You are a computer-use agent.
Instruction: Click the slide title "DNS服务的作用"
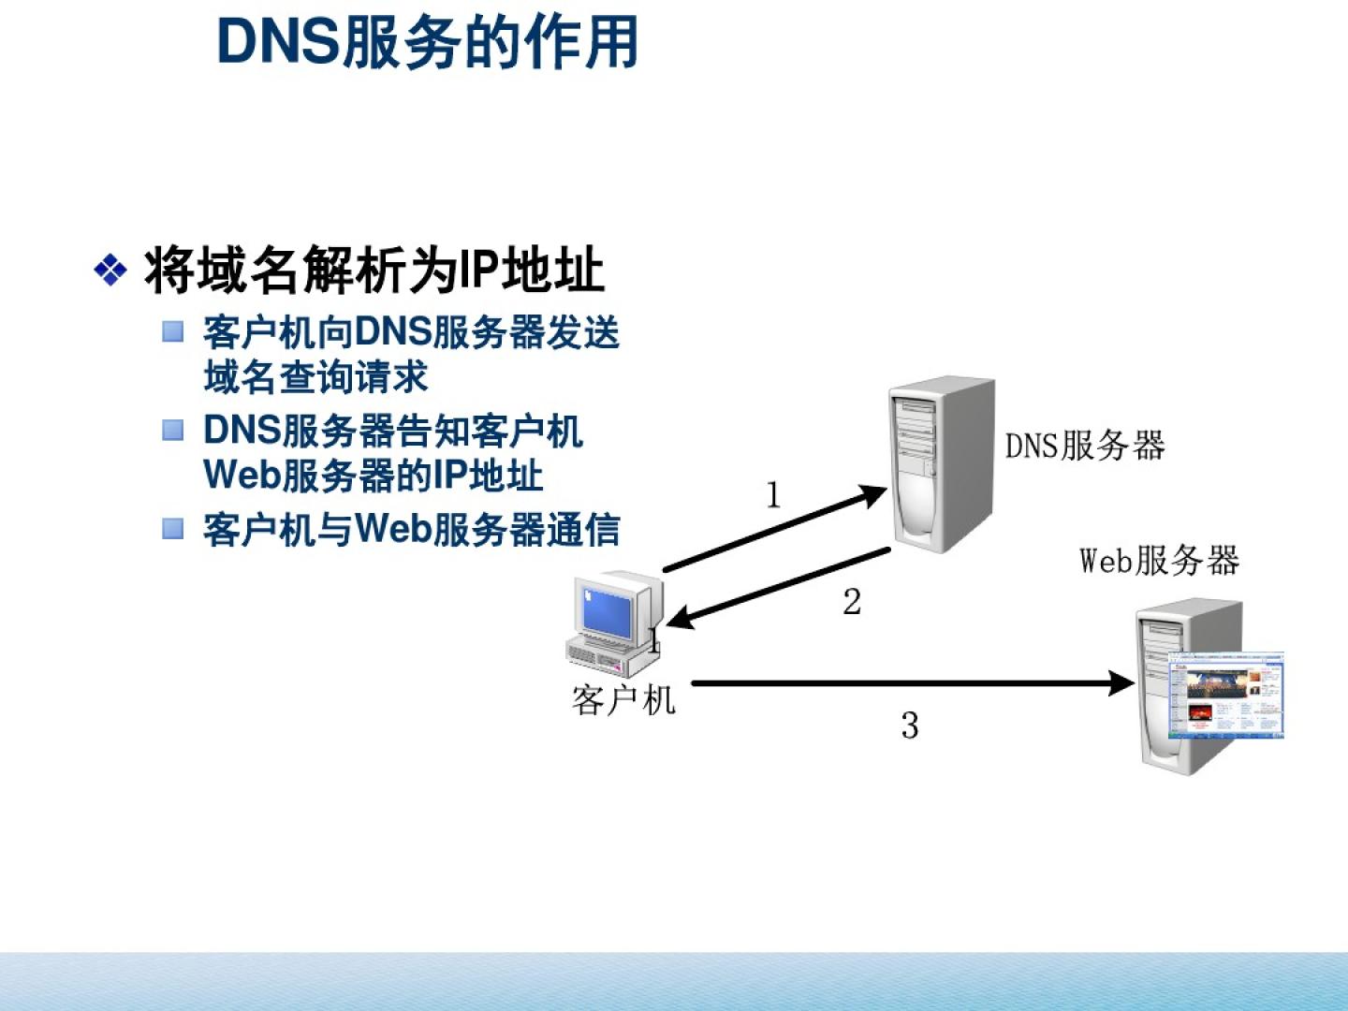point(428,42)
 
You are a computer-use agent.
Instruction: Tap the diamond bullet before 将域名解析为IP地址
point(110,271)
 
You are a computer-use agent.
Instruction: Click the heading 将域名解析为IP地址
point(374,271)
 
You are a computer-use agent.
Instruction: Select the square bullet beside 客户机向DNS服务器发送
point(173,331)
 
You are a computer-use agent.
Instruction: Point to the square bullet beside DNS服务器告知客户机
point(173,430)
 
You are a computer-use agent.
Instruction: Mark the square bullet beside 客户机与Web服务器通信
point(173,528)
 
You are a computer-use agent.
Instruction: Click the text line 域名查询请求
point(316,377)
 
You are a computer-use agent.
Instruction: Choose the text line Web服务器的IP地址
point(374,475)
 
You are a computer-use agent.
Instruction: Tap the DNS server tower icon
point(941,463)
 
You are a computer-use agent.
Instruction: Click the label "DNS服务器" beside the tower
point(1085,446)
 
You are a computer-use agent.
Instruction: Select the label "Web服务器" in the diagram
point(1159,561)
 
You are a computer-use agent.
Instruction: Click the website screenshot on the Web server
point(1226,697)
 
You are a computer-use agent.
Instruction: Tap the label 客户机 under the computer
point(623,700)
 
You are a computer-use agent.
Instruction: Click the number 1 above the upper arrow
point(773,495)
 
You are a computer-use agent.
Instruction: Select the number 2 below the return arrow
point(852,602)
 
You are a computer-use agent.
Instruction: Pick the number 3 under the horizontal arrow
point(910,725)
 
